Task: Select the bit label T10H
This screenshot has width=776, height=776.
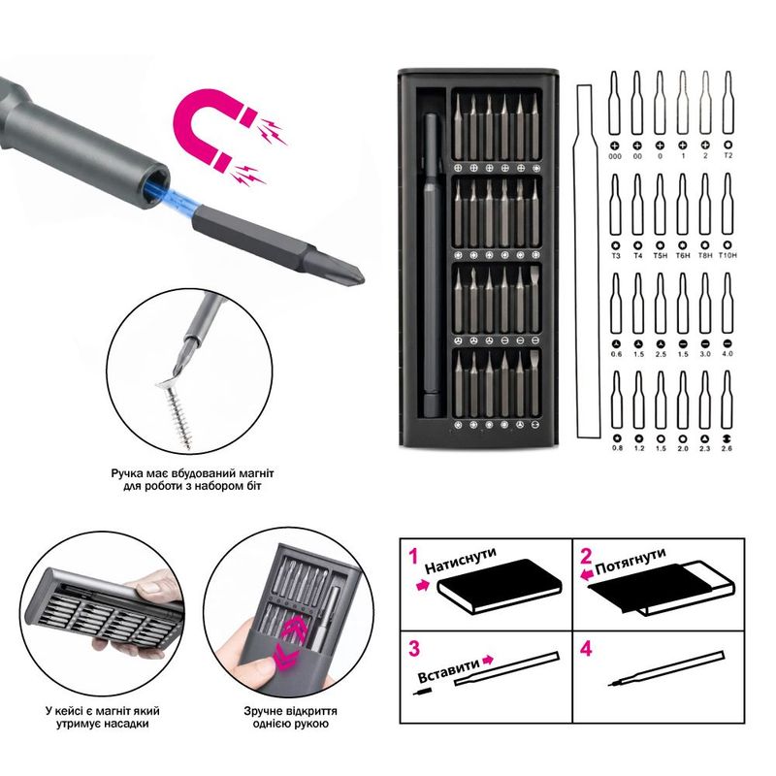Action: tap(727, 255)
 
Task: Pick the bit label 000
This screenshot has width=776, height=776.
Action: tap(615, 156)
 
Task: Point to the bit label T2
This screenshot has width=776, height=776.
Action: tap(728, 155)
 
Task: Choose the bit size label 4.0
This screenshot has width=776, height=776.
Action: tap(727, 354)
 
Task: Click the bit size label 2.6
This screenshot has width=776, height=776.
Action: tap(727, 448)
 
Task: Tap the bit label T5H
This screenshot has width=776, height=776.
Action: tap(661, 255)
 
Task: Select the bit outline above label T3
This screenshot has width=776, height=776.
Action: tap(615, 204)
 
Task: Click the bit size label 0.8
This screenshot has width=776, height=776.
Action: tap(617, 448)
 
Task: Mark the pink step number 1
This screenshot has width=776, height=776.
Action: tap(414, 556)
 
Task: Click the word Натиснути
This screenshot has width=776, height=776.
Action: tap(460, 561)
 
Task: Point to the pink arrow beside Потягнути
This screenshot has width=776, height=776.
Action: tap(587, 574)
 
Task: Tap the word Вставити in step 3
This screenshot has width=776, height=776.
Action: tap(449, 669)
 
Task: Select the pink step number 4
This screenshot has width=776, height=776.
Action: tap(586, 648)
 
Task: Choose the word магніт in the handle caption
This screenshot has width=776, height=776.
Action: tap(255, 473)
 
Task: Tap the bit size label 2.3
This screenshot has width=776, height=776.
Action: tap(704, 448)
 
